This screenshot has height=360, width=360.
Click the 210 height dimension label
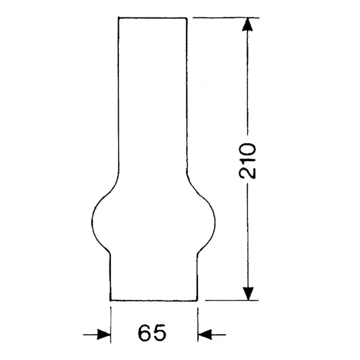tap(248, 160)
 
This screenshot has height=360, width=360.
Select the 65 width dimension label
tap(152, 333)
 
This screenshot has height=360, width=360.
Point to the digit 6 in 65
tap(144, 333)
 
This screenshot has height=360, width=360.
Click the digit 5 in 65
tap(160, 333)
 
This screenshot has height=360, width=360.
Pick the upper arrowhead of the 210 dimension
tap(248, 25)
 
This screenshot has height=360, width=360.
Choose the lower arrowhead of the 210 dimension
tap(248, 293)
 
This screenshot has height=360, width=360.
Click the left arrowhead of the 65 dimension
tap(104, 335)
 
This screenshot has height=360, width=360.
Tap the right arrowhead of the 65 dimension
tap(204, 335)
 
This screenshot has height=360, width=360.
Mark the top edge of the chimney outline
tap(152, 18)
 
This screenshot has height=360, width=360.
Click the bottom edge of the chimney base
tap(154, 300)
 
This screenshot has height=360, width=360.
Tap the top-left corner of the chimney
tap(118, 18)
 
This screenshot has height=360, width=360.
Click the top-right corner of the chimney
tap(187, 18)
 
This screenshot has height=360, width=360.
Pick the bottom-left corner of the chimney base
tap(110, 300)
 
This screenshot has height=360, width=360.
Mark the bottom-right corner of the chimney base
tap(198, 300)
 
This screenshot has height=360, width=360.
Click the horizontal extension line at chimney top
tap(225, 18)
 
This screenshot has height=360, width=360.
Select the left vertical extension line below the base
tap(110, 321)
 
